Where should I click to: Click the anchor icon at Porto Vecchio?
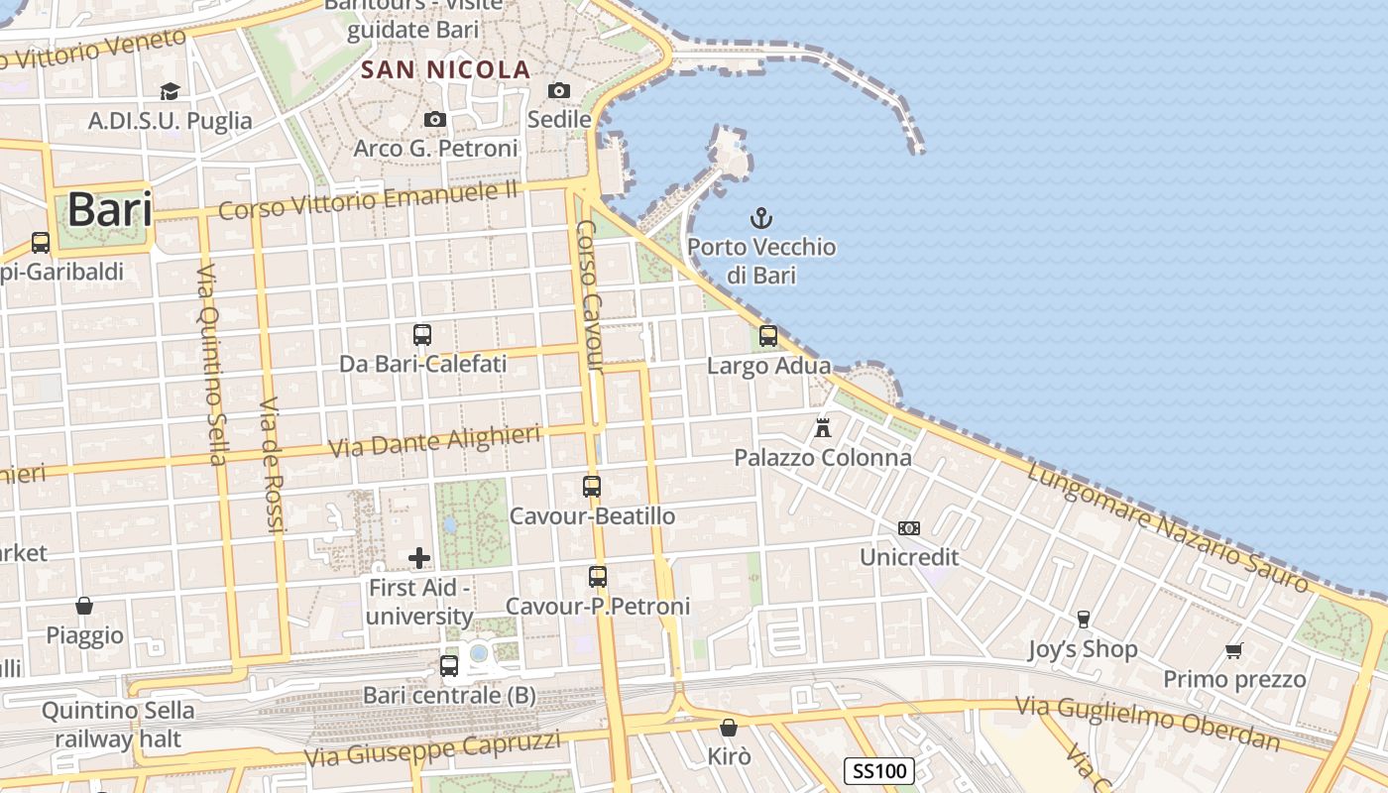760,218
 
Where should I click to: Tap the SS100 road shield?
878,770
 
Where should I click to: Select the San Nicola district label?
446,70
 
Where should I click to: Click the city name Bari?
109,210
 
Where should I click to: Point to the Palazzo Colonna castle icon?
822,428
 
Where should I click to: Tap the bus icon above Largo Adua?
768,336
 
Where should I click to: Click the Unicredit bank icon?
908,528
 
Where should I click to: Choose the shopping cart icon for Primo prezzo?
1233,650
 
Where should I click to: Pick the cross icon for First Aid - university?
419,558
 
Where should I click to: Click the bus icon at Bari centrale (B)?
449,665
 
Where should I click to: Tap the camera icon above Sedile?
559,91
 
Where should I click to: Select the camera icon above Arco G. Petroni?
434,120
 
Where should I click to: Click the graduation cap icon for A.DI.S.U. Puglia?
170,92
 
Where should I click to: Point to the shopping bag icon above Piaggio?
84,605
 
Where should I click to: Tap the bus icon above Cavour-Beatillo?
592,487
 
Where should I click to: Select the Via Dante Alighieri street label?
435,440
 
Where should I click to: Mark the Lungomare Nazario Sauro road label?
1167,527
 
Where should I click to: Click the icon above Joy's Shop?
1083,620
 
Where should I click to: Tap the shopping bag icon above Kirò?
729,728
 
